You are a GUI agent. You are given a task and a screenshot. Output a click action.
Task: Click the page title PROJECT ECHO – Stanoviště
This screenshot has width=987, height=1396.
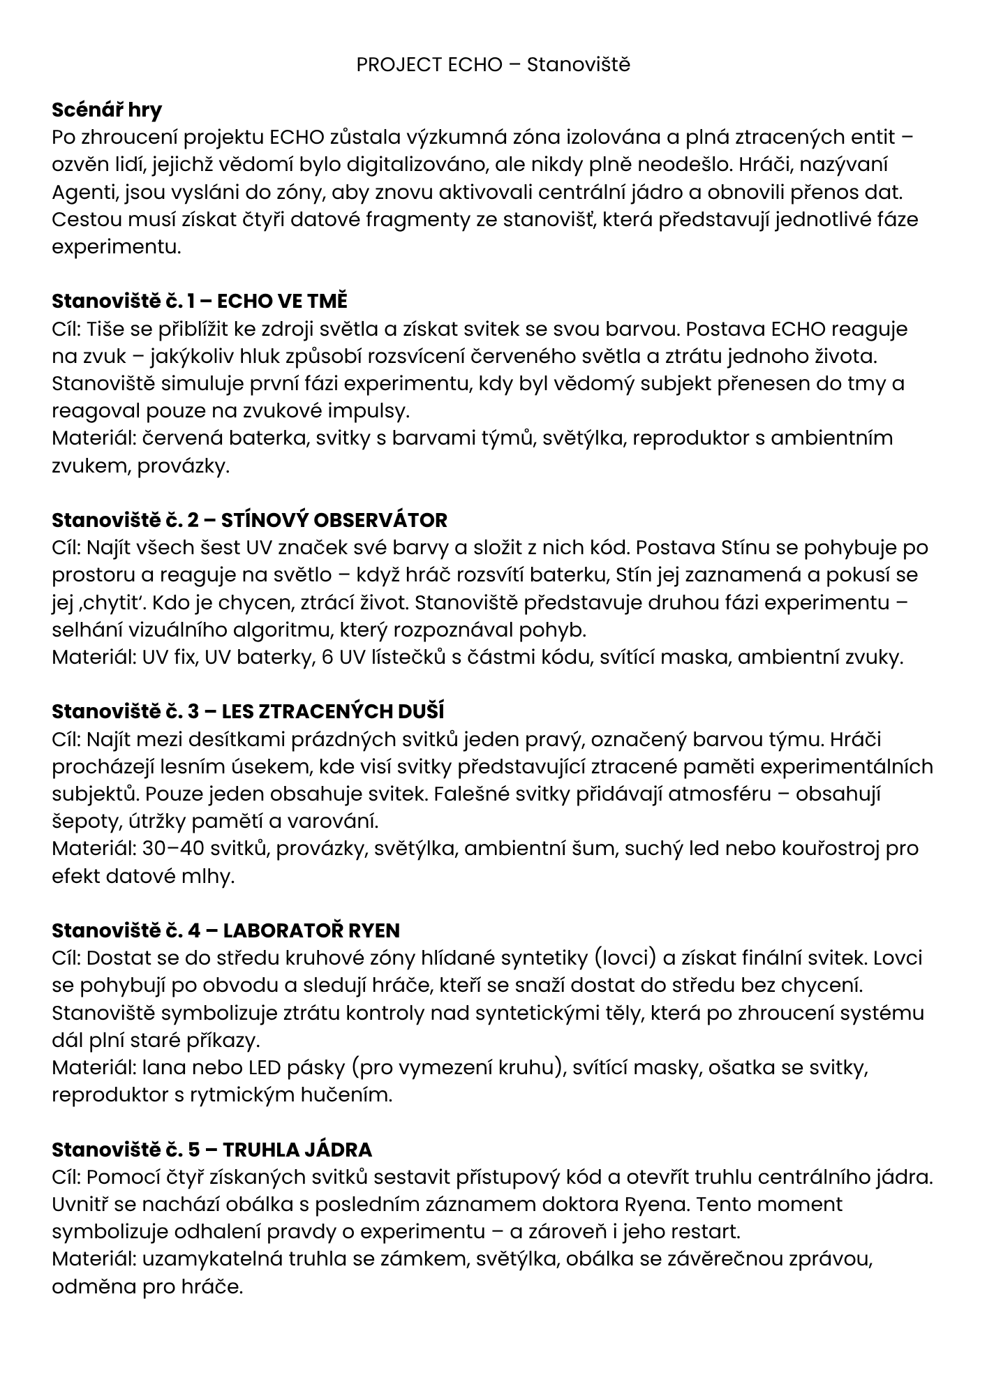(493, 65)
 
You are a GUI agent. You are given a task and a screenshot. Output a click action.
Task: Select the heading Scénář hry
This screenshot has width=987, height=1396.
(107, 110)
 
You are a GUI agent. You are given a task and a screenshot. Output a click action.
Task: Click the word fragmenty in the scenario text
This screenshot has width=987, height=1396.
(437, 219)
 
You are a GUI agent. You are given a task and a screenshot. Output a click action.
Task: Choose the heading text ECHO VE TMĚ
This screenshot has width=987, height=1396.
(282, 302)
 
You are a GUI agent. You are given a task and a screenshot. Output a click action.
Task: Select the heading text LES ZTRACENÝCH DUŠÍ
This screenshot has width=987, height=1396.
(333, 712)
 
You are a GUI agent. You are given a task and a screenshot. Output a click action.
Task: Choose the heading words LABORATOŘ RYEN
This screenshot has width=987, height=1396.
(311, 930)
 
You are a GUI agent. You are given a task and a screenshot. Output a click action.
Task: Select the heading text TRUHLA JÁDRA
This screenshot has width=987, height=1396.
(297, 1150)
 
